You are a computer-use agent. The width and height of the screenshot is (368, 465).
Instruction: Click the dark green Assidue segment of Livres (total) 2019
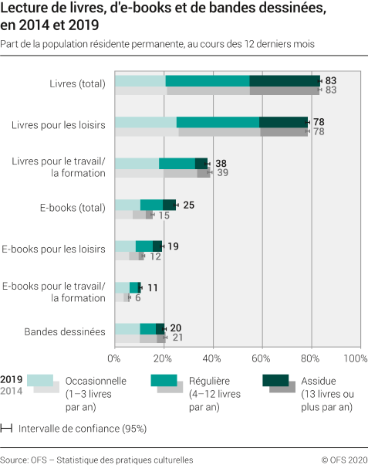point(285,81)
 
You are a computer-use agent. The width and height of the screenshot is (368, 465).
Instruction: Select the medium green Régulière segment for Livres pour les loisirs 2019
point(218,122)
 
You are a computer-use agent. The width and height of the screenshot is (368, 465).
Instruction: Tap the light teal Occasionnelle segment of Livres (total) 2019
point(140,81)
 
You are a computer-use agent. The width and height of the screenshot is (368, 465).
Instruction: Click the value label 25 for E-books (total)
point(187,205)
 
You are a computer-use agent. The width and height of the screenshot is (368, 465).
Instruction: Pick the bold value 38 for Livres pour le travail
point(221,164)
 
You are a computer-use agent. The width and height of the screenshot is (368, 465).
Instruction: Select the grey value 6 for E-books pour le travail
point(137,297)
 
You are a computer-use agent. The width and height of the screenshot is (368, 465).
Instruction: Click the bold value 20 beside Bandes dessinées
point(175,328)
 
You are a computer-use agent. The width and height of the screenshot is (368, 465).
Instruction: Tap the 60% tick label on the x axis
point(261,358)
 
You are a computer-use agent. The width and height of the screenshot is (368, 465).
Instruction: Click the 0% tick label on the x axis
point(115,358)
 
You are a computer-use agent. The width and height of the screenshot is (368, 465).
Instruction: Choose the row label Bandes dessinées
point(65,332)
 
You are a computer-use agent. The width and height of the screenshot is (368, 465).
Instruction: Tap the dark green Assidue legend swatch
point(275,378)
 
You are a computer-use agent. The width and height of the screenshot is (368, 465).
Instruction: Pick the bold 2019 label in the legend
point(12,379)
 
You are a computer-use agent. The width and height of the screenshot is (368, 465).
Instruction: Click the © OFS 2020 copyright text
point(343,459)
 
